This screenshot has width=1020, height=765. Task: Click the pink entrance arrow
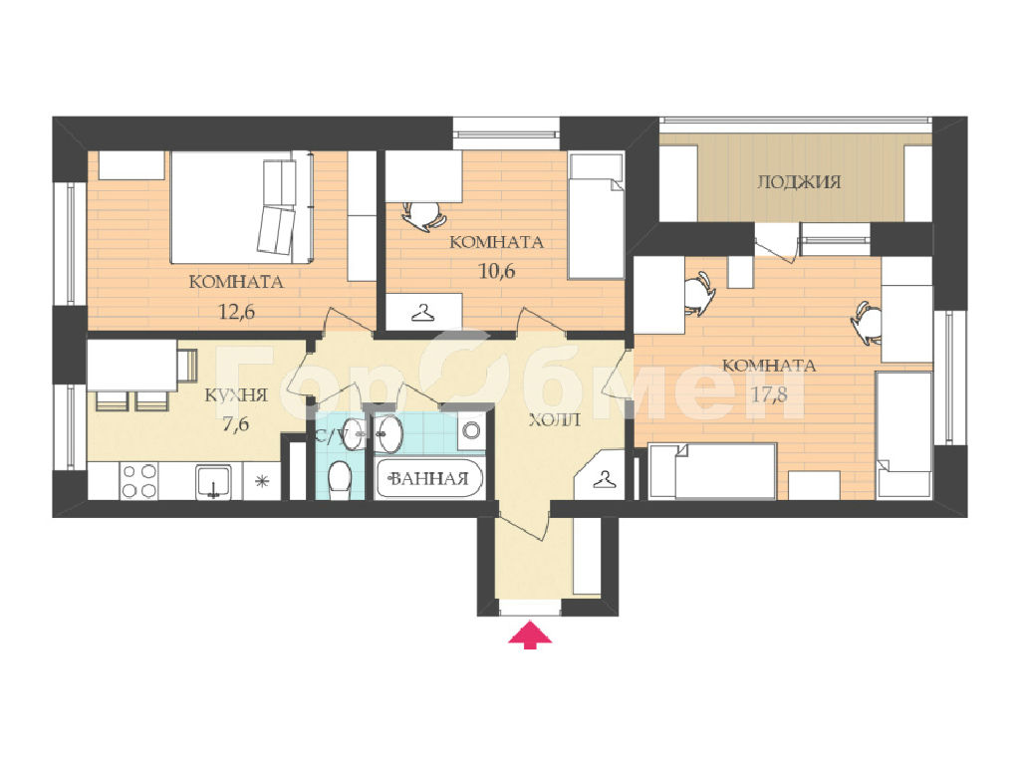[x=530, y=635]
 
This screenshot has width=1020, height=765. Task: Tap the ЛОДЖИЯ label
[x=799, y=181]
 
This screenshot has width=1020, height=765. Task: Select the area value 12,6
[x=236, y=312]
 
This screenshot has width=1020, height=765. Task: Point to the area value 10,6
[x=496, y=271]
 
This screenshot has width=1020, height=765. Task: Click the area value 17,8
[x=769, y=394]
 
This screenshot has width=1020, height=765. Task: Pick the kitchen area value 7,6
[x=235, y=424]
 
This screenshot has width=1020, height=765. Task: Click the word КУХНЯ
[x=236, y=394]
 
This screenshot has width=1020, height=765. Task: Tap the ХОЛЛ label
[x=554, y=420]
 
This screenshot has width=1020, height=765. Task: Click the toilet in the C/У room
[x=340, y=479]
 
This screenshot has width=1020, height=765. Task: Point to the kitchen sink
[x=213, y=482]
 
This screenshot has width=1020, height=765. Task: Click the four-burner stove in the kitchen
[x=138, y=481]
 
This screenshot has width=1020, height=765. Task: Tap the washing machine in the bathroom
[x=471, y=430]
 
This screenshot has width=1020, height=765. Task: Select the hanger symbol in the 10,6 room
[x=423, y=312]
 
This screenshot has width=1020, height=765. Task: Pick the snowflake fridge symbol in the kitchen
[x=262, y=481]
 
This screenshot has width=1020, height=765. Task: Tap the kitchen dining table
[x=131, y=367]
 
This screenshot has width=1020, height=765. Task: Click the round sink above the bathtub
[x=389, y=433]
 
